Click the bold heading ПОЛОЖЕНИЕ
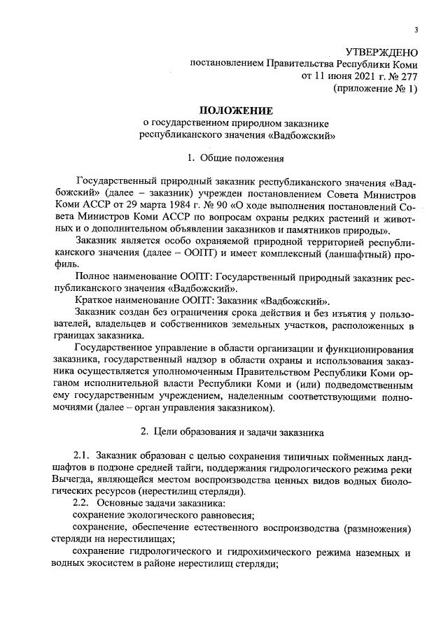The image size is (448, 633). pos(235,111)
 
